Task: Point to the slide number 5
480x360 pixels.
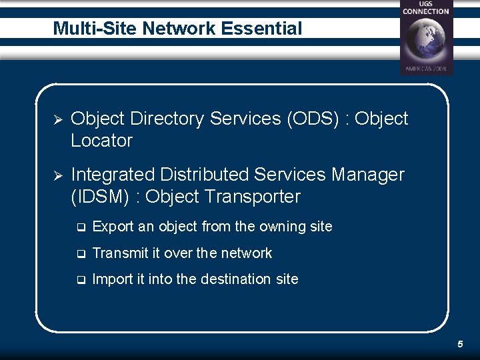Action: (x=460, y=344)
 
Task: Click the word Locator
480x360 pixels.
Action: (x=101, y=141)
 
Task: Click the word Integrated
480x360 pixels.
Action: (x=113, y=175)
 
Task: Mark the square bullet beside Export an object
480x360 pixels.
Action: (x=80, y=227)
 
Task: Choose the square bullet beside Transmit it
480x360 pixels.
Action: (x=80, y=254)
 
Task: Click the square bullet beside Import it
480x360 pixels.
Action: (x=80, y=280)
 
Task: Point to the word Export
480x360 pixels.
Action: (x=113, y=227)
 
